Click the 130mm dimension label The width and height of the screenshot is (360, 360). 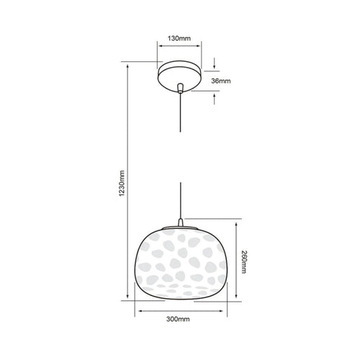[x=179, y=38]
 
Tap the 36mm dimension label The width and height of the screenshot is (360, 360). [x=221, y=81]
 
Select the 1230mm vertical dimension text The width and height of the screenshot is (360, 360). [x=122, y=183]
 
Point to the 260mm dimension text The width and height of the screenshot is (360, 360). [x=243, y=262]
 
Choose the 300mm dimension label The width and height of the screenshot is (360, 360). [x=178, y=319]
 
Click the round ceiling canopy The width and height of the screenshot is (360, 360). [x=179, y=76]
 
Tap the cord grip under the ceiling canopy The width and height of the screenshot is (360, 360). [x=180, y=88]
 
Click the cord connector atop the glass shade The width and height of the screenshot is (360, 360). [x=181, y=222]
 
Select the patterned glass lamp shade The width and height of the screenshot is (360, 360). [x=181, y=264]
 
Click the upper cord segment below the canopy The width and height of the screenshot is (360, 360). [x=180, y=112]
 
